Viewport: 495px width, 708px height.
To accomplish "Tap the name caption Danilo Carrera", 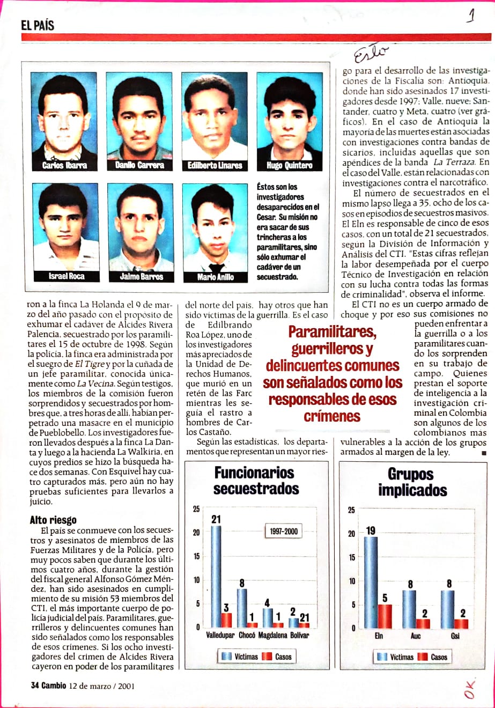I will (138, 165).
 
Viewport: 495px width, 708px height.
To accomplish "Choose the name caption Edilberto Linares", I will (215, 165).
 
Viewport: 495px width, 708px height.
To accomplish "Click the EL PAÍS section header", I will (38, 25).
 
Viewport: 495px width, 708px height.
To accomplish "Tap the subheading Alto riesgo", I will (53, 520).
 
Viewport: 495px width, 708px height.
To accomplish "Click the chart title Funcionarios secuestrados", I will (255, 481).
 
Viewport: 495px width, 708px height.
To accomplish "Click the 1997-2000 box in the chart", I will (283, 532).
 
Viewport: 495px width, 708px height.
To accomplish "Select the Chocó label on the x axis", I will (247, 635).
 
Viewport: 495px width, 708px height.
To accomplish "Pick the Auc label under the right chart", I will (415, 636).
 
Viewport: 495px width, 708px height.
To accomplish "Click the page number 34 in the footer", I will (35, 685).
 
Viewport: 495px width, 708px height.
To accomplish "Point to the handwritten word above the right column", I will (370, 53).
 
